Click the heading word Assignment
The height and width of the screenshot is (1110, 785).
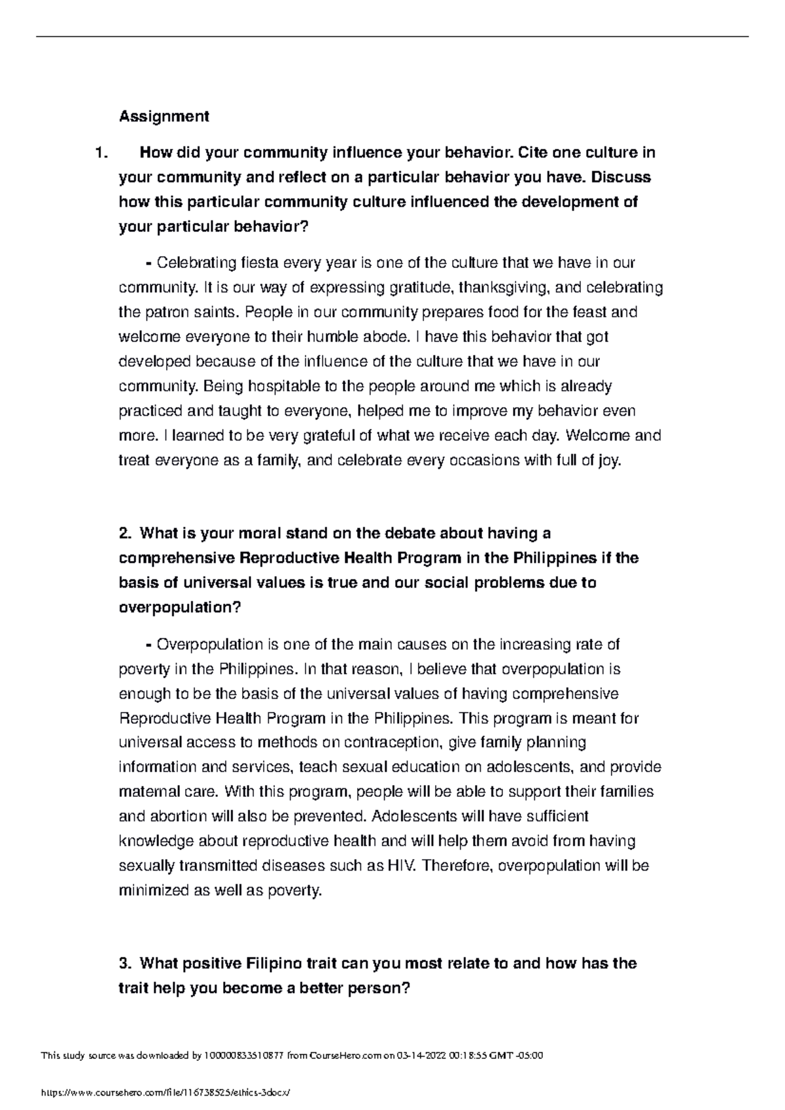point(164,116)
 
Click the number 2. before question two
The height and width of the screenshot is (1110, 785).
point(126,533)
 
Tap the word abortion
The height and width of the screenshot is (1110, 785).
point(168,816)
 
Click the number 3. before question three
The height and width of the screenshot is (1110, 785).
point(126,964)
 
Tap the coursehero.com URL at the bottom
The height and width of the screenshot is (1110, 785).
point(164,1093)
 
